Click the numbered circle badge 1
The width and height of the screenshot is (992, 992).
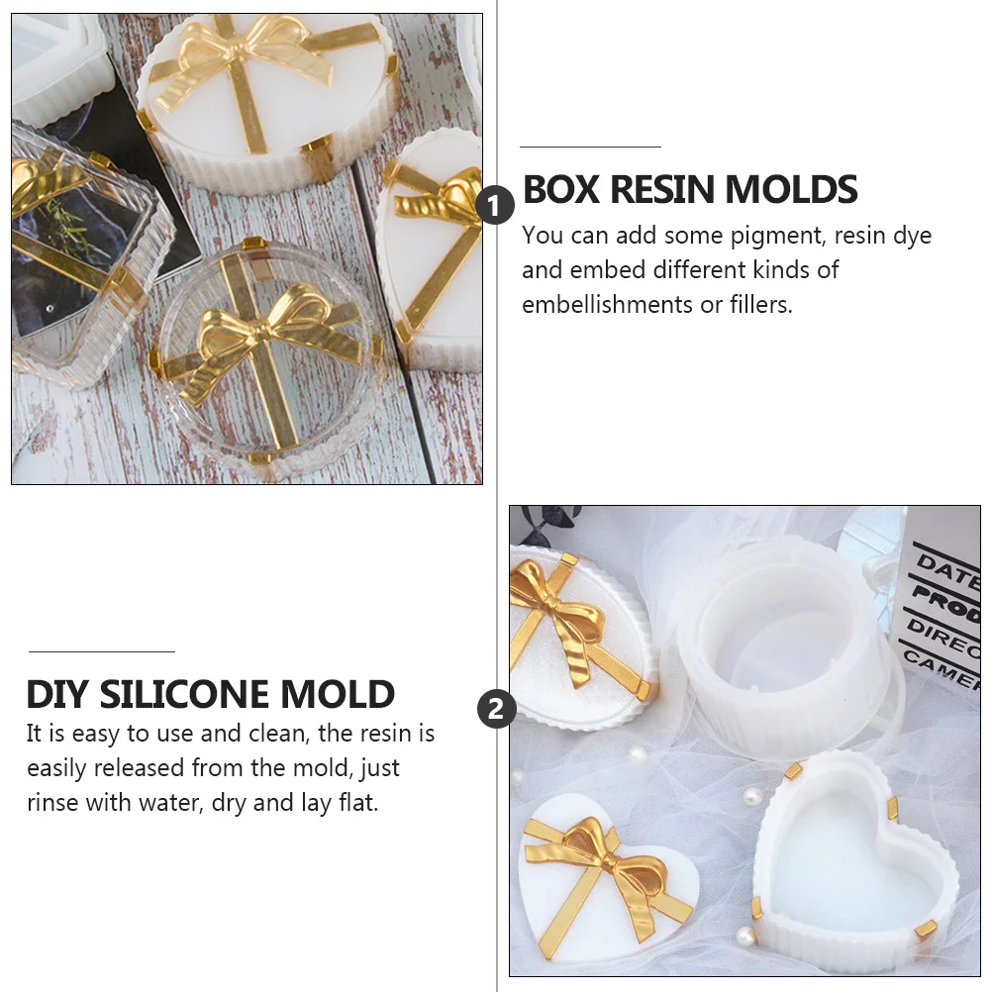coord(495,206)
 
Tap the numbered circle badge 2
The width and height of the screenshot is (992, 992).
coord(496,709)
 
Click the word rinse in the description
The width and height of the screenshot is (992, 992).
coord(52,802)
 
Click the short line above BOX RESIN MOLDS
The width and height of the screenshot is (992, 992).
coord(590,147)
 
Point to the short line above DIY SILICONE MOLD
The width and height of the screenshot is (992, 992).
coord(101,651)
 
